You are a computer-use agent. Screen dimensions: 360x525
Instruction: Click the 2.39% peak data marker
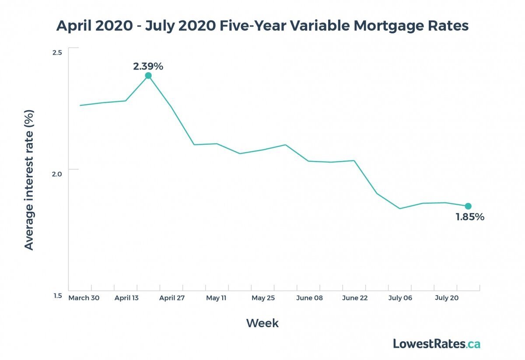(148, 76)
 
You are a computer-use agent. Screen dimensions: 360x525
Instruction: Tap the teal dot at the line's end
(468, 206)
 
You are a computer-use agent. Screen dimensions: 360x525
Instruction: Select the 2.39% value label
(148, 66)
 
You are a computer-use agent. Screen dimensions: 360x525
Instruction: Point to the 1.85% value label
(470, 217)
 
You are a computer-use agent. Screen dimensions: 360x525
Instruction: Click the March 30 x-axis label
(84, 298)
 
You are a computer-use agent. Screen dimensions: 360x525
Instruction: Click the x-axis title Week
(262, 323)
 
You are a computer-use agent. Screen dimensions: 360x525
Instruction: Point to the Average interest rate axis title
(29, 179)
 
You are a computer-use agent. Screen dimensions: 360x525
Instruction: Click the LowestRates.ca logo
(436, 344)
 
